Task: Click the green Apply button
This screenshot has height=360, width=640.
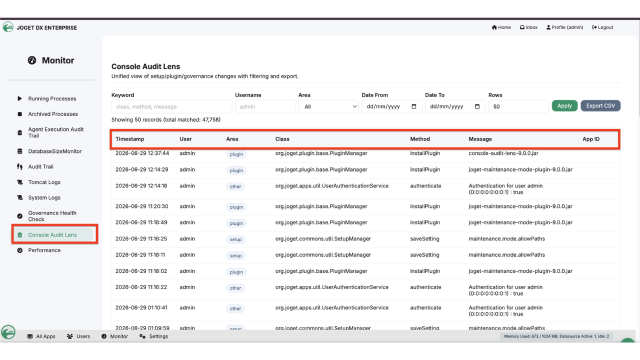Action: (x=564, y=105)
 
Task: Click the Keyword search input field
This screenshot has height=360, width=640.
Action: (x=171, y=106)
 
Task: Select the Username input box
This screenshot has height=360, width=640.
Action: (x=265, y=106)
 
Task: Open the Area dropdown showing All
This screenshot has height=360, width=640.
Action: (x=328, y=106)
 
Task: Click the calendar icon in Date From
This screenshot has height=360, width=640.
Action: (x=413, y=106)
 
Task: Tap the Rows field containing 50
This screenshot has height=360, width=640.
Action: (x=518, y=106)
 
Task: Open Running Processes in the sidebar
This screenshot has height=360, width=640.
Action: (x=52, y=98)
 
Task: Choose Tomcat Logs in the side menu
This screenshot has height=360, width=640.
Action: (x=44, y=182)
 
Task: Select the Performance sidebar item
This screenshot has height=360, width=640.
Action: (x=44, y=250)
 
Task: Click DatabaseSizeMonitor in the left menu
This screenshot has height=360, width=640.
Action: (x=55, y=151)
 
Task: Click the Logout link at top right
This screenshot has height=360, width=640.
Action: (x=602, y=27)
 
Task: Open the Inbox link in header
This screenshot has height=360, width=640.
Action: (x=528, y=27)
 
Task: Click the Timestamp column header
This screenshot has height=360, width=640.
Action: (x=129, y=139)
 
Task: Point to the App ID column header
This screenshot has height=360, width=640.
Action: (x=591, y=139)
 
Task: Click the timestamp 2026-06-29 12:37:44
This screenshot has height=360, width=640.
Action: (x=142, y=153)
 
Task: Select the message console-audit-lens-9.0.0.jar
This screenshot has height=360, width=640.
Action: (x=503, y=153)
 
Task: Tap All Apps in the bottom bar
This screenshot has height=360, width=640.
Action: (x=41, y=336)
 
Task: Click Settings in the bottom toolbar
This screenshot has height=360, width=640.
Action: (x=153, y=336)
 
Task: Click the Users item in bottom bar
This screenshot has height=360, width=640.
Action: (x=78, y=336)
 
